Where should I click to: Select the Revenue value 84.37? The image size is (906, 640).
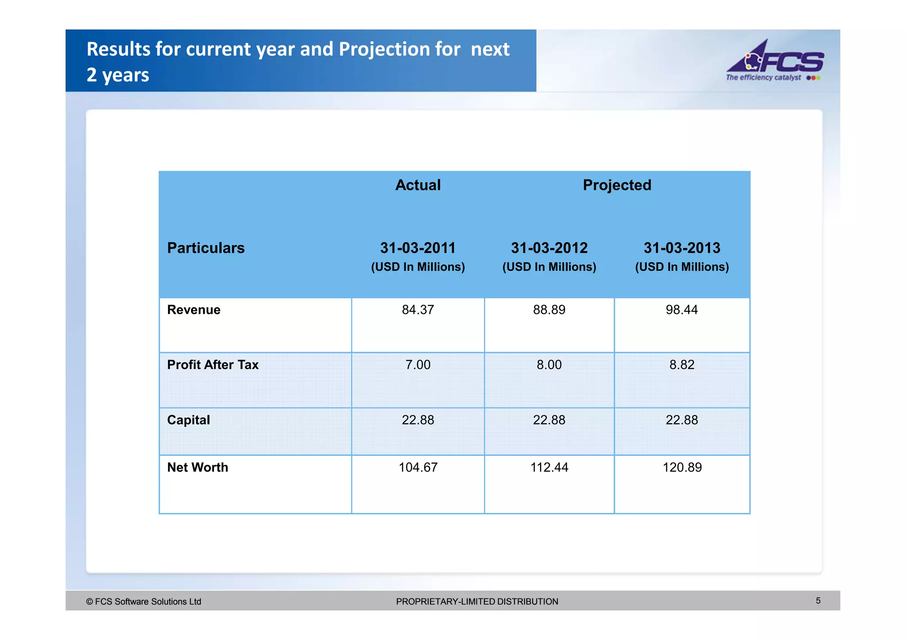click(x=418, y=310)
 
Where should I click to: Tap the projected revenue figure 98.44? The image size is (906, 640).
click(x=681, y=310)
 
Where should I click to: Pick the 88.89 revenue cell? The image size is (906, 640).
click(x=549, y=310)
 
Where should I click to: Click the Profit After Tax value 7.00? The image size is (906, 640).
click(x=418, y=364)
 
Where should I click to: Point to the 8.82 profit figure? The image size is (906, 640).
click(x=681, y=364)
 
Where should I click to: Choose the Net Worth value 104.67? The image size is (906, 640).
click(x=418, y=467)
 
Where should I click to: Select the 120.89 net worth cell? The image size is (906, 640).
click(x=682, y=467)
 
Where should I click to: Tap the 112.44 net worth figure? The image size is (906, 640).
click(x=549, y=467)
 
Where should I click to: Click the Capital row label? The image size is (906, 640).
click(x=188, y=420)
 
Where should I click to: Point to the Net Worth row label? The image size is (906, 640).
click(x=197, y=467)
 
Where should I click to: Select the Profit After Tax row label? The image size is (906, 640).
click(x=213, y=364)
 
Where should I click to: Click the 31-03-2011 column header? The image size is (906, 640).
click(x=418, y=248)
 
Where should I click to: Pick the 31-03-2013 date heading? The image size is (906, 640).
click(x=682, y=248)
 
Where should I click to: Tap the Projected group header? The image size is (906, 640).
click(x=617, y=185)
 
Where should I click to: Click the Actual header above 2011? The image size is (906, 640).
click(x=418, y=185)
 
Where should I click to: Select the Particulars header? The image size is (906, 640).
click(x=206, y=248)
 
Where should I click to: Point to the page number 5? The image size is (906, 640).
click(x=818, y=601)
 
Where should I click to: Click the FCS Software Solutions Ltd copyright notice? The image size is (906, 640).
click(x=144, y=602)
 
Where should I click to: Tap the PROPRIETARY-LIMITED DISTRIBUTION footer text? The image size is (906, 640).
click(x=477, y=602)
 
